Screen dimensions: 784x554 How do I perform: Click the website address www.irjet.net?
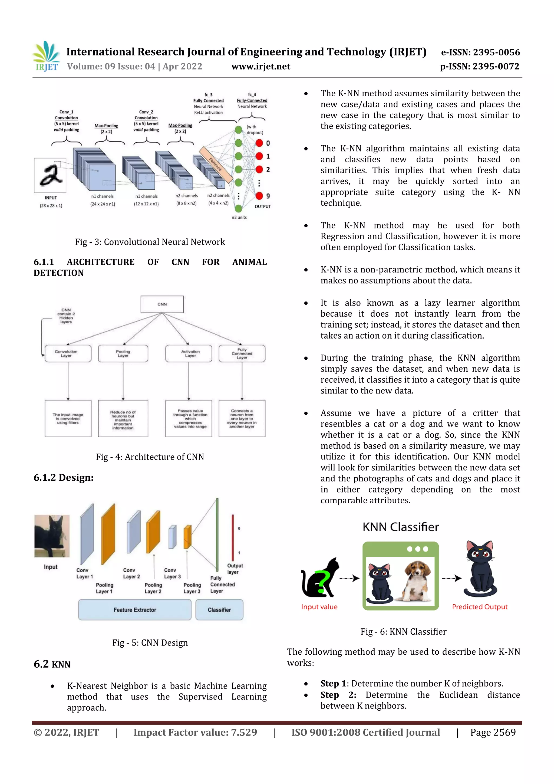(261, 67)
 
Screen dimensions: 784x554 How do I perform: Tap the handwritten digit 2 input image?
(50, 176)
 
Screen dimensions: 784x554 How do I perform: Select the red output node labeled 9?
(259, 196)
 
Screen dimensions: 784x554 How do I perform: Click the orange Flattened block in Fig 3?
(216, 164)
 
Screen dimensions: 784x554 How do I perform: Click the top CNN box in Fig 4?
(162, 304)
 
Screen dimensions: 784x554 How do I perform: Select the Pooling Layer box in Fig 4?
(123, 353)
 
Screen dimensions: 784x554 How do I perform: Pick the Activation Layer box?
(189, 353)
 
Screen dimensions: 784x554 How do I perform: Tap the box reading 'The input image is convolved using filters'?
(68, 418)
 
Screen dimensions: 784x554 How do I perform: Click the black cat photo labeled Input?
(52, 536)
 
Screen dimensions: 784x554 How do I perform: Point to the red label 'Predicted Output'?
(480, 607)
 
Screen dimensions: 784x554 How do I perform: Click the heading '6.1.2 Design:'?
(64, 477)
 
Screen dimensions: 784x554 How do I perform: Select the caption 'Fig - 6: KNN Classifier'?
(404, 632)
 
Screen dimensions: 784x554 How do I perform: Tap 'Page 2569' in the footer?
(493, 732)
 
